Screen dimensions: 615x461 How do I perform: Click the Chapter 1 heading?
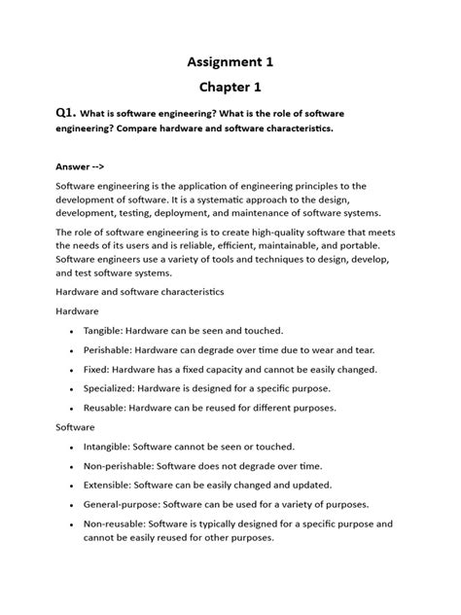[x=230, y=88]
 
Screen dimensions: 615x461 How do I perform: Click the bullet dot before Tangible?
[x=73, y=332]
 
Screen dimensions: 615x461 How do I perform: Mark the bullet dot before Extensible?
[x=73, y=486]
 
